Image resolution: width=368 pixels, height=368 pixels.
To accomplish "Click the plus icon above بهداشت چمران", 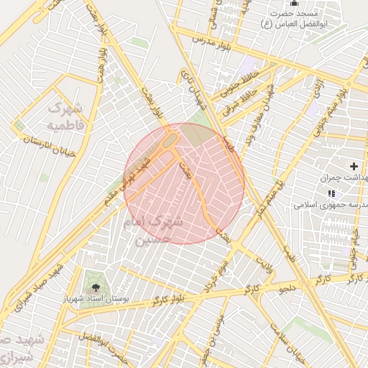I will pyautogui.click(x=354, y=166).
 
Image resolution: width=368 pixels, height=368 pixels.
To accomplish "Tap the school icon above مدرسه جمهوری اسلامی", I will pyautogui.click(x=331, y=193).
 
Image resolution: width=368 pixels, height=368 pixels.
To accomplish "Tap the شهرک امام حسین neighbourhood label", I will pyautogui.click(x=157, y=230).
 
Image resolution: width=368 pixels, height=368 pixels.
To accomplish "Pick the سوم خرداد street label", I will pyautogui.click(x=224, y=270).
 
